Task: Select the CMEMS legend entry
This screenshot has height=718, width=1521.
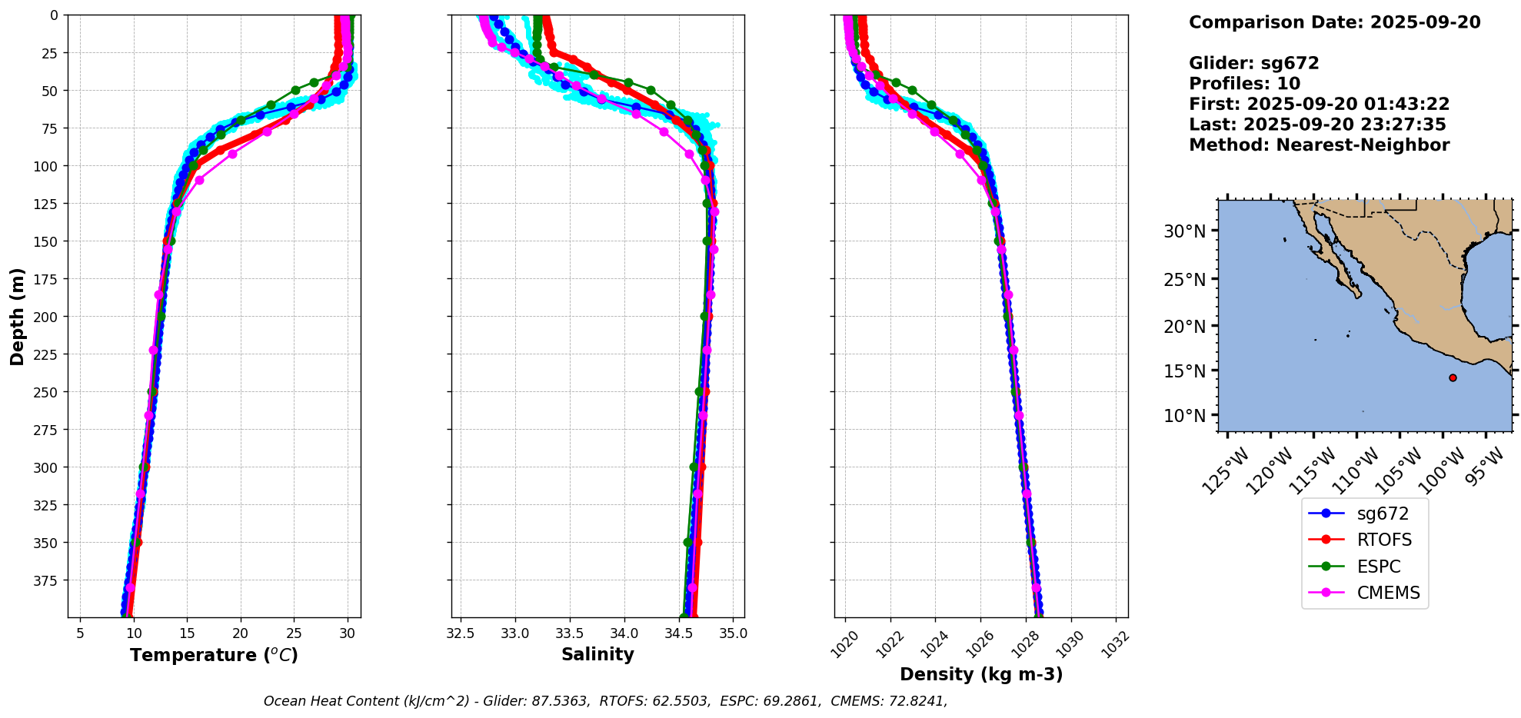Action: tap(1364, 593)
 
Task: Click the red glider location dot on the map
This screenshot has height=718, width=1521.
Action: tap(1453, 377)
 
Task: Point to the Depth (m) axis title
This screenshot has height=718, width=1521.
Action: tap(18, 317)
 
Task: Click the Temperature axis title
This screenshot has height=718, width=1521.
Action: tap(214, 655)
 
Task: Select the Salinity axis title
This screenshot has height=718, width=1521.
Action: tap(597, 654)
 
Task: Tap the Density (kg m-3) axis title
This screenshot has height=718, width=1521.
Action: tap(981, 674)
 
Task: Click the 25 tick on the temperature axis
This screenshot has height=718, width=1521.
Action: tap(294, 633)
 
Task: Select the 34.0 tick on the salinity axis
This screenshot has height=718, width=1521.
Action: tap(624, 633)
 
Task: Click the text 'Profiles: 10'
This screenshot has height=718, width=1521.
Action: tap(1244, 84)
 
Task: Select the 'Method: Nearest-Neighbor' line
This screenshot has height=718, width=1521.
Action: tap(1319, 145)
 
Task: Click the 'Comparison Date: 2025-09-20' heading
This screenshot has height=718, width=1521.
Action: tap(1334, 22)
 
